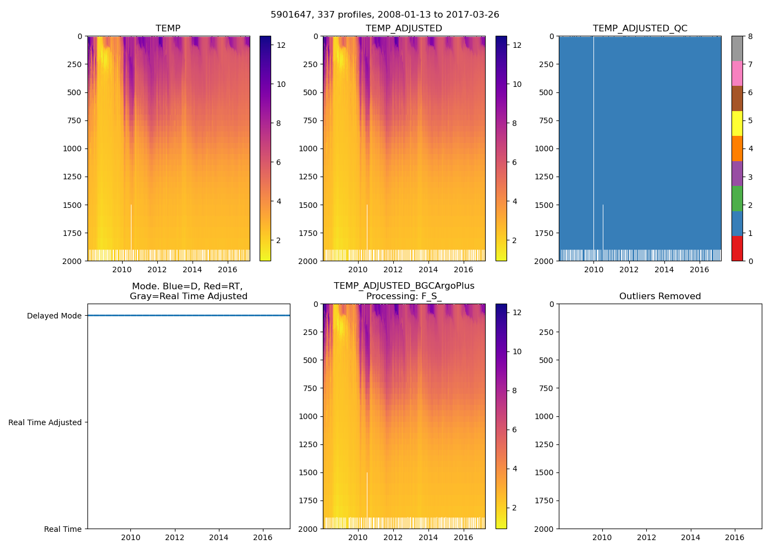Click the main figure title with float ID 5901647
(384, 15)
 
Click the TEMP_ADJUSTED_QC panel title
(640, 28)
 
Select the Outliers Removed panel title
(659, 296)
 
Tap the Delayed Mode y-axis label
(54, 316)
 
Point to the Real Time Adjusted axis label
(45, 422)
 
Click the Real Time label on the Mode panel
(63, 529)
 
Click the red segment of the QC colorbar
(737, 248)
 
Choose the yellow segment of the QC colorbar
(737, 123)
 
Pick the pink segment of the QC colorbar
(737, 73)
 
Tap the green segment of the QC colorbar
(737, 198)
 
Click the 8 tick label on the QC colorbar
(750, 37)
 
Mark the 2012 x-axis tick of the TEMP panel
(157, 269)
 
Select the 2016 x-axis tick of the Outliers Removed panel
(735, 537)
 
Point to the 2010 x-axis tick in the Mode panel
(131, 537)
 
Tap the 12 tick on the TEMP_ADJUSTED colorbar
(517, 45)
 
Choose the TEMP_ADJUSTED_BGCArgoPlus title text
(404, 286)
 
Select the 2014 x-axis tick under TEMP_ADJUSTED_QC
(664, 269)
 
